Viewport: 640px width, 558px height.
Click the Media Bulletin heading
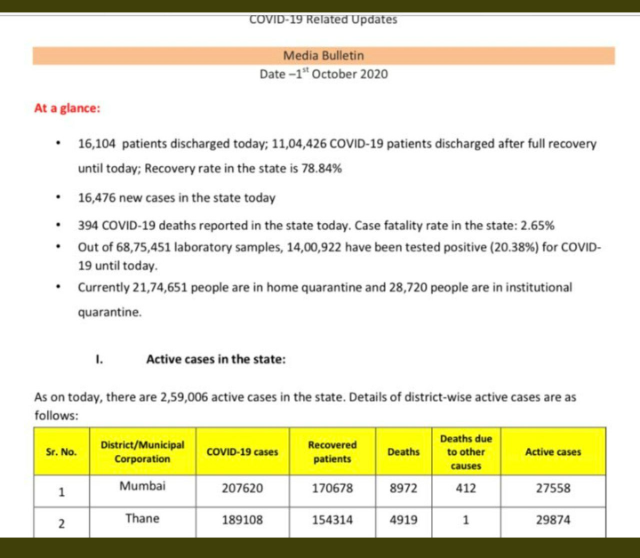click(324, 55)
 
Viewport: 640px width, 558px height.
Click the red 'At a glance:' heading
click(67, 108)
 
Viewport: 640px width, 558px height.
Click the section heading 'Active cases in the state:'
click(215, 360)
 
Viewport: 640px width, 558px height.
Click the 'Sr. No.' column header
click(61, 451)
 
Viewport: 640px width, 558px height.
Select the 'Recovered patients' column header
click(332, 451)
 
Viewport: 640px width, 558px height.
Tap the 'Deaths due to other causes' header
click(465, 451)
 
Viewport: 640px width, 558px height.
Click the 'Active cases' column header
click(553, 451)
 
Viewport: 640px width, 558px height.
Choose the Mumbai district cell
click(142, 487)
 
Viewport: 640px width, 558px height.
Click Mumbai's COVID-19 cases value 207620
click(242, 488)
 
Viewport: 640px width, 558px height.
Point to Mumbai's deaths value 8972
click(404, 488)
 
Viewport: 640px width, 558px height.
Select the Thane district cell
click(142, 519)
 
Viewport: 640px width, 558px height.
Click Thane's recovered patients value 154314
click(332, 521)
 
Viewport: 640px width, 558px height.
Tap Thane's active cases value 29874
click(553, 521)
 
